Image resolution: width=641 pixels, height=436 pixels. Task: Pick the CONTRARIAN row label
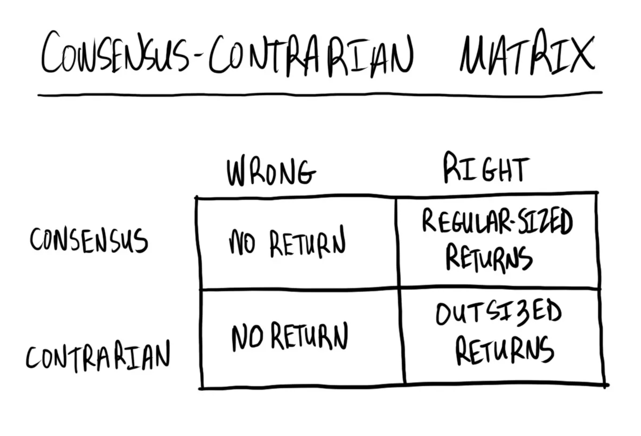click(x=98, y=356)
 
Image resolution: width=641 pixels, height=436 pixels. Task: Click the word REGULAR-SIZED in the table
click(x=497, y=222)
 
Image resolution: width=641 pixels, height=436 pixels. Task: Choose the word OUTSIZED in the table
click(x=498, y=313)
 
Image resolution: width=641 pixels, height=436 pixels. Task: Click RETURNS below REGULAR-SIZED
click(x=489, y=258)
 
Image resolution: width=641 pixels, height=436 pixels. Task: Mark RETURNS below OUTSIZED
click(x=504, y=350)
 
